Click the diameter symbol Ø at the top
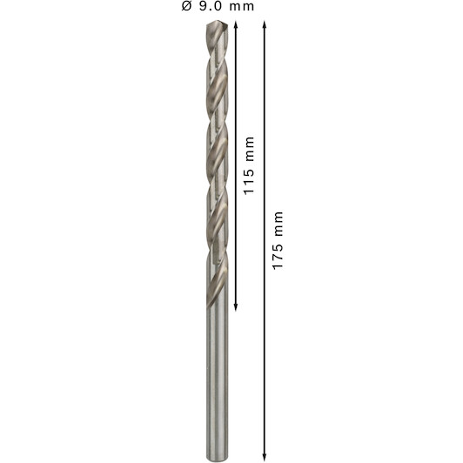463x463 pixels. pyautogui.click(x=186, y=6)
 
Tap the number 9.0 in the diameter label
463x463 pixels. pyautogui.click(x=210, y=6)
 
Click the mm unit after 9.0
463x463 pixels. pyautogui.click(x=242, y=7)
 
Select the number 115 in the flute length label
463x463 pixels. pyautogui.click(x=249, y=181)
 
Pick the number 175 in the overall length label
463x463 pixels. pyautogui.click(x=278, y=256)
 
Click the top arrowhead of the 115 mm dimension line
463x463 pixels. pyautogui.click(x=236, y=24)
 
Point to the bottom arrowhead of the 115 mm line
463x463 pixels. pyautogui.click(x=236, y=307)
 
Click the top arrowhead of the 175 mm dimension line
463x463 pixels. pyautogui.click(x=265, y=24)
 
